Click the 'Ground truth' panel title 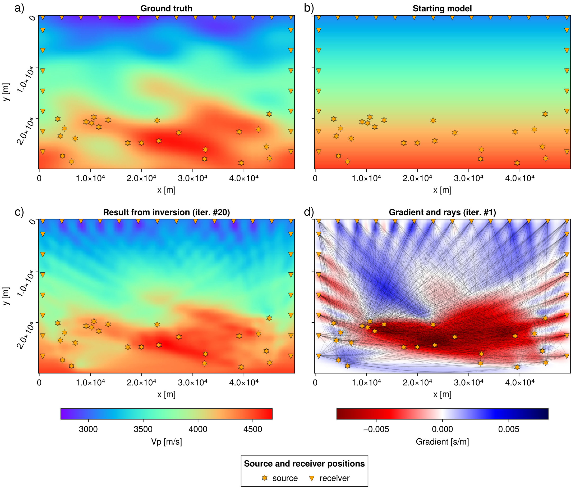click(166, 8)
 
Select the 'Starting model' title click(442, 8)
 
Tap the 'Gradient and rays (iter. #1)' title click(442, 212)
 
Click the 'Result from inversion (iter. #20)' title click(166, 212)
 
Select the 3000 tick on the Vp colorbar click(88, 429)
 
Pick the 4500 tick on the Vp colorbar click(253, 429)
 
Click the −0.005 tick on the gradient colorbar click(376, 429)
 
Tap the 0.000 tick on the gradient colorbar click(442, 429)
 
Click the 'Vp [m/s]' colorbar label click(166, 442)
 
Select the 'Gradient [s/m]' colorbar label click(442, 442)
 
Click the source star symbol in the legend click(265, 478)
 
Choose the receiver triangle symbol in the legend click(312, 478)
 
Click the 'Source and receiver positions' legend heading click(304, 463)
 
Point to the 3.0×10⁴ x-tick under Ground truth click(192, 178)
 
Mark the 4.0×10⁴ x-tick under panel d click(519, 382)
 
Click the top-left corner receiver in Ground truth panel click(43, 18)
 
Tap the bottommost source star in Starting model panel click(517, 163)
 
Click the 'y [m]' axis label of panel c click(6, 296)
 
